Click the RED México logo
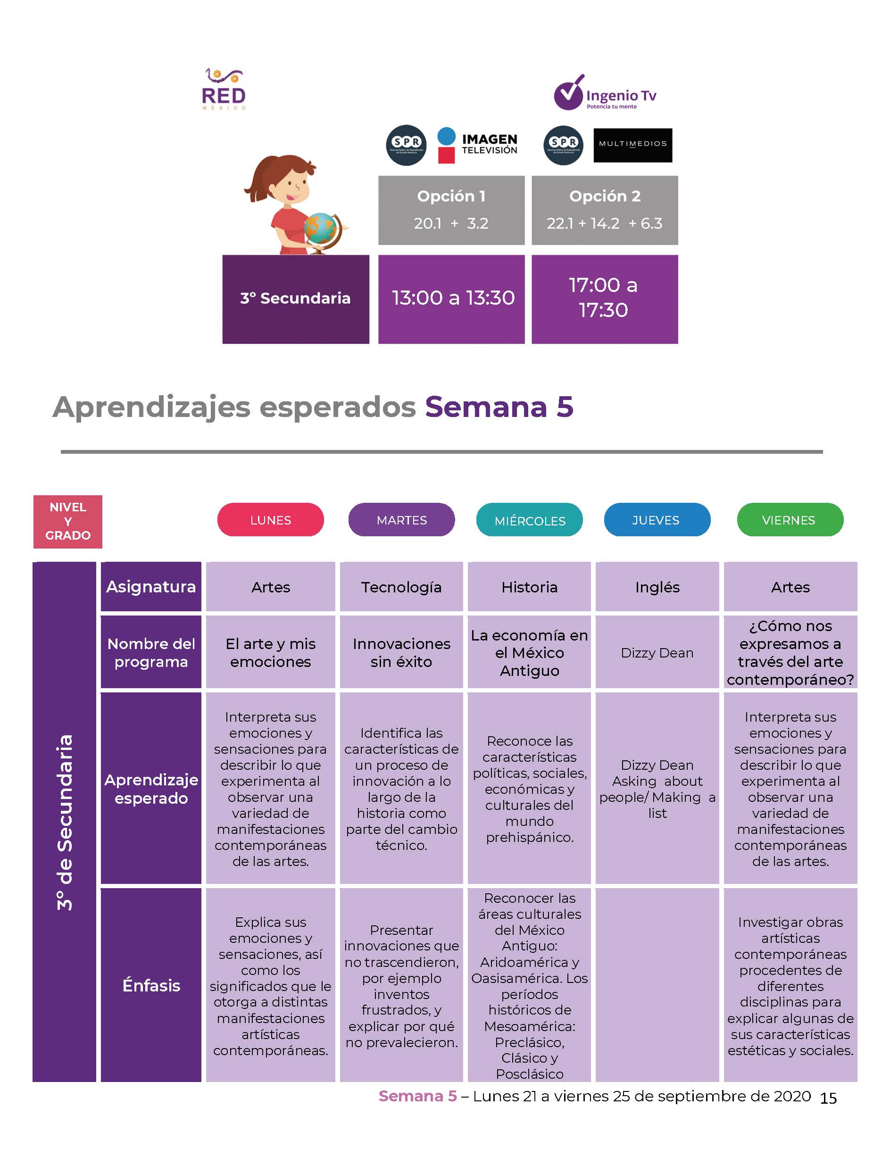(x=224, y=89)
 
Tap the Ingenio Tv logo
(x=605, y=93)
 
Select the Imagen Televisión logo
(x=477, y=145)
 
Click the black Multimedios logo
(x=632, y=145)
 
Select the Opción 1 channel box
(x=451, y=210)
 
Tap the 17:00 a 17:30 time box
(x=605, y=300)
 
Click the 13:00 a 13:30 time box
(x=451, y=300)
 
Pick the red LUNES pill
(x=271, y=520)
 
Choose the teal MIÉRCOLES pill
(x=530, y=520)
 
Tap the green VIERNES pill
(x=790, y=520)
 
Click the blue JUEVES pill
(x=657, y=520)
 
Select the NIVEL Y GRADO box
(x=68, y=521)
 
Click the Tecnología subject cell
(x=401, y=586)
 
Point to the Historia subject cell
(x=529, y=586)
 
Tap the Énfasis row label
(x=151, y=985)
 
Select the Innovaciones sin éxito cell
(x=401, y=652)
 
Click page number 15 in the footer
(x=829, y=1099)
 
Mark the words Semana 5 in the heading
(x=499, y=407)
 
